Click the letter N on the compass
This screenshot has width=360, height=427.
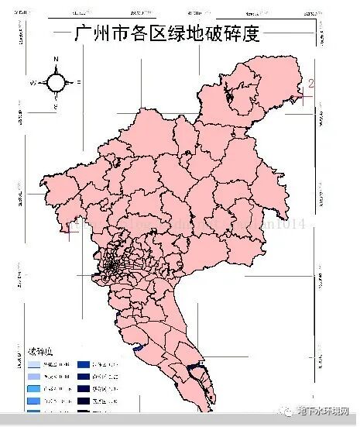tap(57, 59)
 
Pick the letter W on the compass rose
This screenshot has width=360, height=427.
tap(33, 82)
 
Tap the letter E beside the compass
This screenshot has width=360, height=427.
tap(79, 81)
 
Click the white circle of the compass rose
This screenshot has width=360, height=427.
tap(57, 81)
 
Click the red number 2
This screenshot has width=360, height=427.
tap(310, 84)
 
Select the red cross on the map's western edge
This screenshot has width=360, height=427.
tap(67, 231)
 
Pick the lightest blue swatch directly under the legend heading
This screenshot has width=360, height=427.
tap(36, 363)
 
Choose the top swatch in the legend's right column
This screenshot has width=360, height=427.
tap(86, 363)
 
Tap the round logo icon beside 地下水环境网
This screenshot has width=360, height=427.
tap(290, 410)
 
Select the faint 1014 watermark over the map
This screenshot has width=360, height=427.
tap(290, 225)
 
